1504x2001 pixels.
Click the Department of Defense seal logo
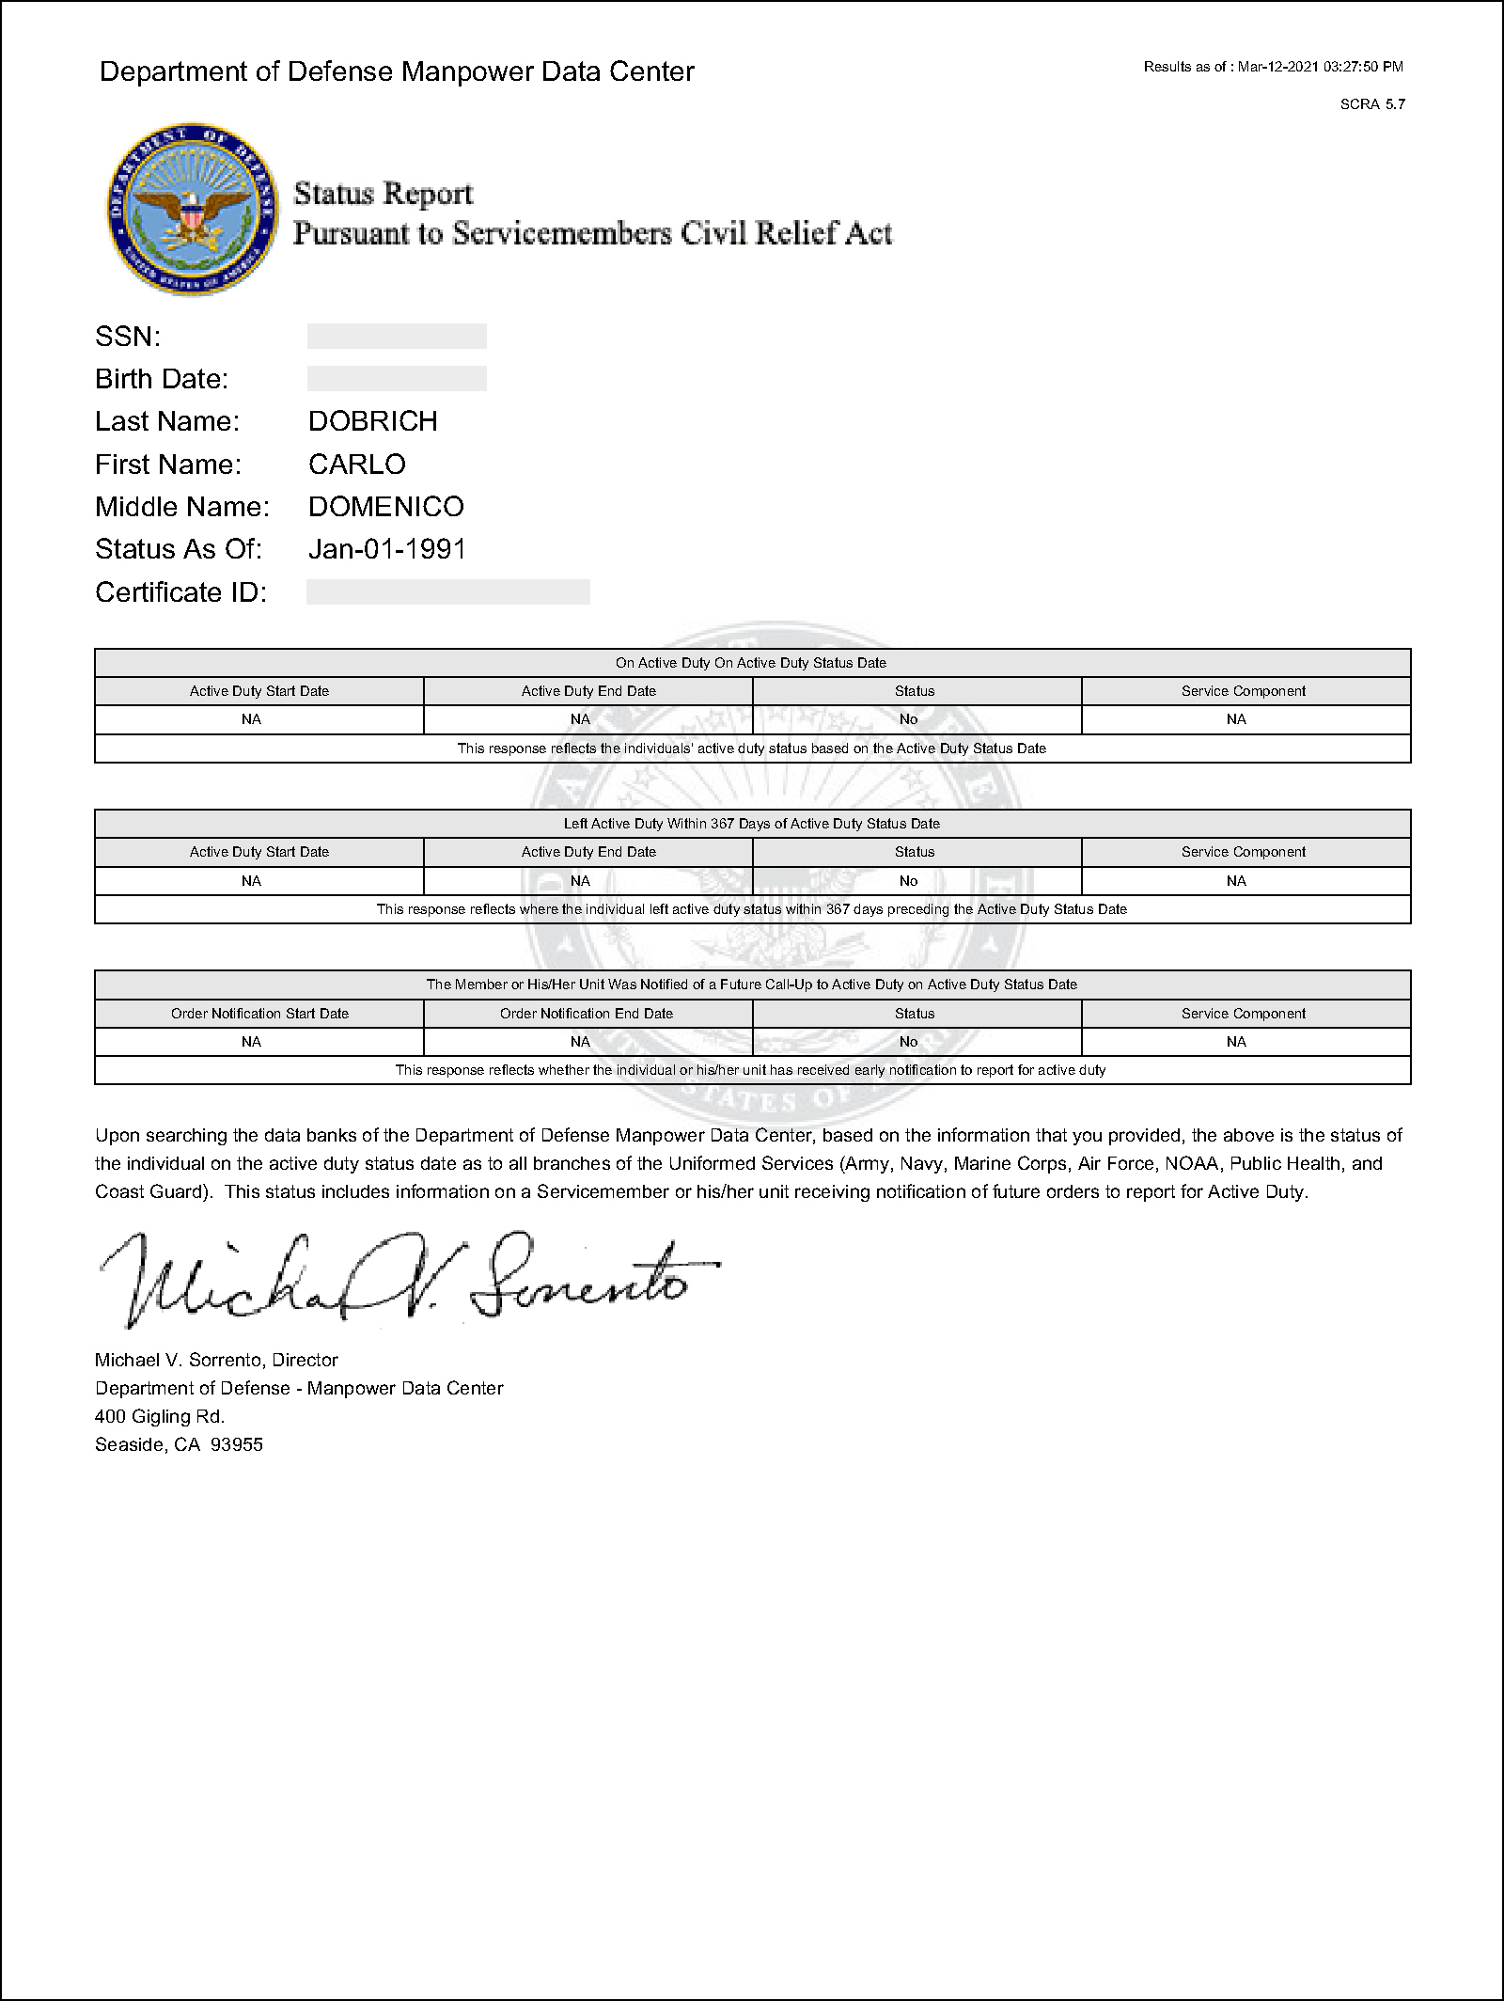coord(193,207)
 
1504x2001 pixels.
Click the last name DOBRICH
coord(372,421)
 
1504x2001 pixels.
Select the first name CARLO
coord(356,465)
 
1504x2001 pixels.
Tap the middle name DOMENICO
coord(385,507)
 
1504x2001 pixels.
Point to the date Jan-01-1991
coord(386,549)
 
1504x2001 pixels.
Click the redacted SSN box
coord(397,337)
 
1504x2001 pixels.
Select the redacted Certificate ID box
coord(447,592)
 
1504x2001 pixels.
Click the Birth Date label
coord(162,379)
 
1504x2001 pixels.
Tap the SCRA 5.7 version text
coord(1371,104)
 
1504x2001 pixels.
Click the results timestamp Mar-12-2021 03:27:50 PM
coord(1320,67)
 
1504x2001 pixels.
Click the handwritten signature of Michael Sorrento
coord(404,1277)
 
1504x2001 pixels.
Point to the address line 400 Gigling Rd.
coord(160,1416)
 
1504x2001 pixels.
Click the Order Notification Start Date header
coord(259,1014)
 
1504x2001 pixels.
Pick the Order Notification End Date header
coord(587,1014)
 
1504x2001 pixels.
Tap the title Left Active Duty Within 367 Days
coord(751,824)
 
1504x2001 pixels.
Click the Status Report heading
coord(383,194)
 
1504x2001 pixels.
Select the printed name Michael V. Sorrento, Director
coord(216,1360)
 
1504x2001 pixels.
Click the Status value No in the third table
coord(908,1042)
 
